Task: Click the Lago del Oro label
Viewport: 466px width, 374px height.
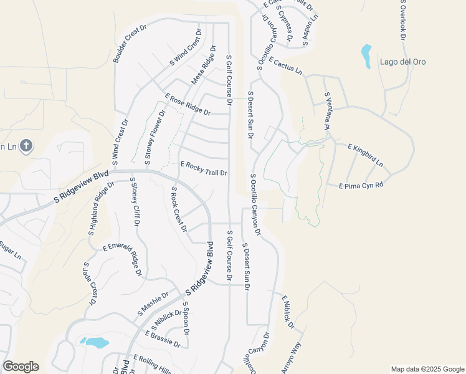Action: click(x=405, y=62)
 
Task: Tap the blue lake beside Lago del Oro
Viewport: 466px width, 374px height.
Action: click(x=366, y=55)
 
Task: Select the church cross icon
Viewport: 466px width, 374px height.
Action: click(x=26, y=146)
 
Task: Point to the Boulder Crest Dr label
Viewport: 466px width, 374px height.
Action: click(x=130, y=44)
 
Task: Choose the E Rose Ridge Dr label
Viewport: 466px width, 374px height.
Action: click(x=188, y=103)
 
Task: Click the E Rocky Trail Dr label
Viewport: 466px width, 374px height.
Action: click(x=204, y=168)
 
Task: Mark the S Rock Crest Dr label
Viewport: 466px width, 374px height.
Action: click(x=179, y=209)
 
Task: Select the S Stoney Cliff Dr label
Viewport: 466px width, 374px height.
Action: click(x=135, y=202)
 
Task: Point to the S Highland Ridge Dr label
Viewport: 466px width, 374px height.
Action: click(x=102, y=208)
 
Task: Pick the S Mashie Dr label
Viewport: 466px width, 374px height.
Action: click(x=153, y=304)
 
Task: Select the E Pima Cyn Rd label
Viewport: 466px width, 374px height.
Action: click(x=360, y=186)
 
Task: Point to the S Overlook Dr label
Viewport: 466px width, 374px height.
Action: click(x=403, y=21)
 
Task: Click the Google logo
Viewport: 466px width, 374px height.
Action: click(x=21, y=367)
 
